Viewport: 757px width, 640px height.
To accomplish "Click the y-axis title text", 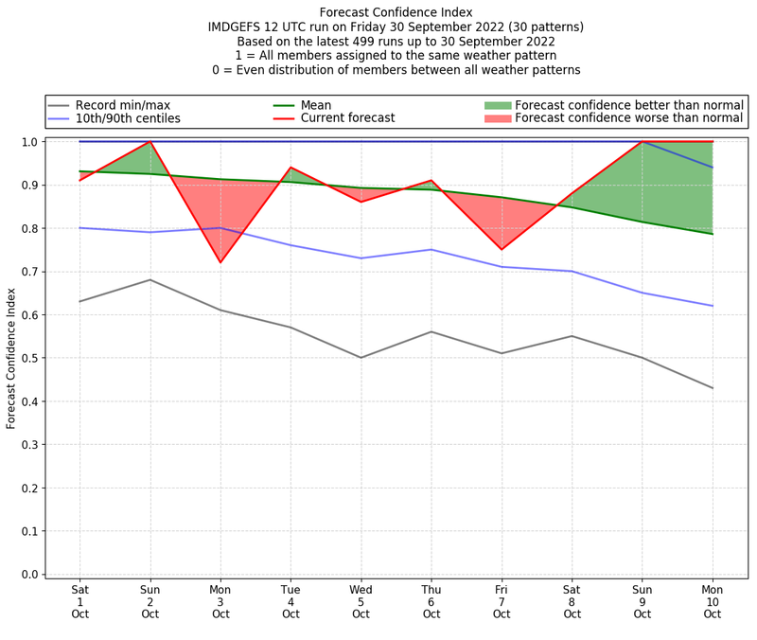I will coord(11,358).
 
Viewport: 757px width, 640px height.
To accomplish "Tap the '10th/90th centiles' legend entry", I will coord(128,118).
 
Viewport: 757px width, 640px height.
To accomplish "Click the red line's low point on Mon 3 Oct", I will coord(220,262).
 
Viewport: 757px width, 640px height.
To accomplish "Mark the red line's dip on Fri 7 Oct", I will coord(502,250).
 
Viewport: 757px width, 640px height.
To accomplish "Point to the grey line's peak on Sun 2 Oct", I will coord(150,279).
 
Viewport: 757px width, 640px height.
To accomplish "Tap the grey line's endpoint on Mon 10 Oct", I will coord(713,388).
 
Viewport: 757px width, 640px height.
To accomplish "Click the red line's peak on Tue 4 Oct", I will coord(290,168).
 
